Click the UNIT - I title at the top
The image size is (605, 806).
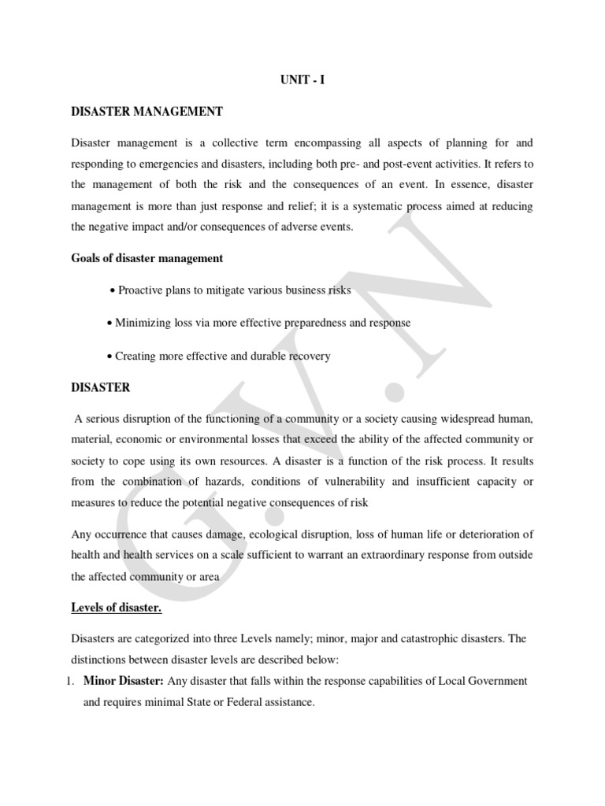point(302,80)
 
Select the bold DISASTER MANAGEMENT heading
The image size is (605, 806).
point(147,112)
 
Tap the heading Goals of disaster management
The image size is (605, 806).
point(147,258)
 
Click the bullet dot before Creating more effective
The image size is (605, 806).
point(109,357)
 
